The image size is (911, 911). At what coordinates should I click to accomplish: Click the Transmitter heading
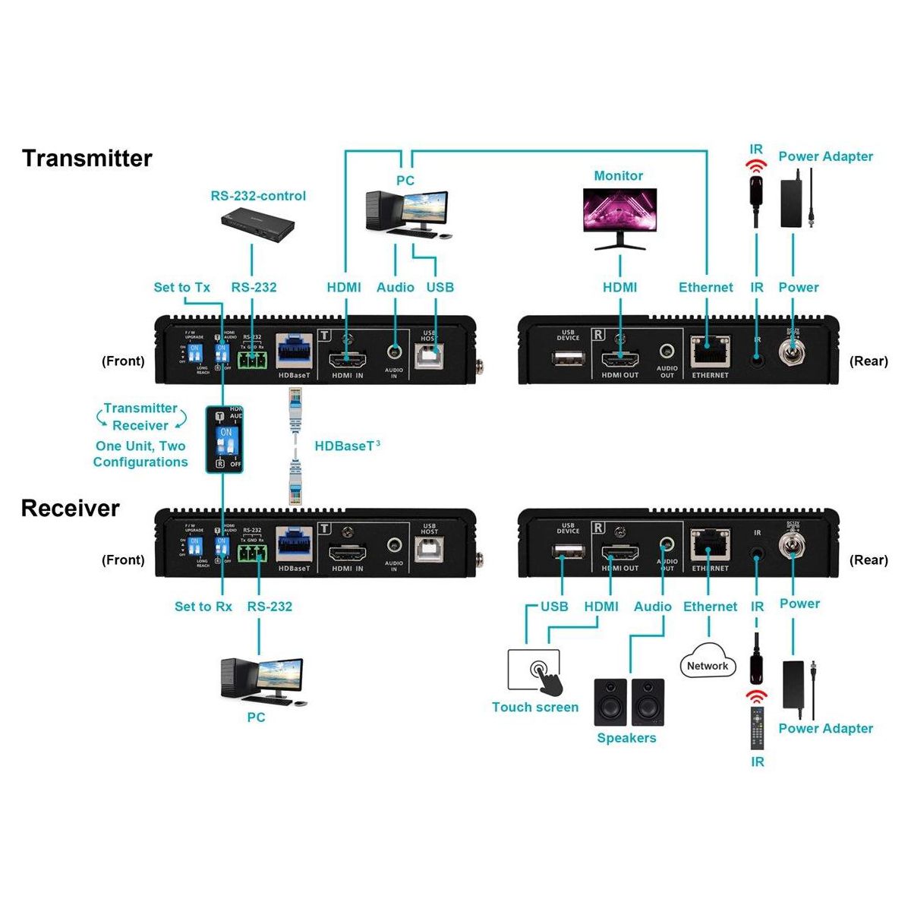click(x=87, y=158)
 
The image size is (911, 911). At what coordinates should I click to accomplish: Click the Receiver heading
click(x=71, y=508)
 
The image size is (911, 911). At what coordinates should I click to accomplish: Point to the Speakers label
click(x=626, y=738)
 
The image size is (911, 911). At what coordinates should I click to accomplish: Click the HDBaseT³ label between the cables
click(x=347, y=446)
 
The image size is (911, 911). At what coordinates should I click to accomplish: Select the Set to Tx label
click(x=181, y=287)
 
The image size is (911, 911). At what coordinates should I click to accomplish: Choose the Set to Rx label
click(x=203, y=607)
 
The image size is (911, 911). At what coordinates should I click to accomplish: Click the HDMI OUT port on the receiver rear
click(x=619, y=552)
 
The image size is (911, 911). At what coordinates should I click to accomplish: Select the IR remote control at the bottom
click(x=757, y=727)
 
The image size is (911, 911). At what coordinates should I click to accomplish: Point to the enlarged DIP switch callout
click(x=225, y=440)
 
